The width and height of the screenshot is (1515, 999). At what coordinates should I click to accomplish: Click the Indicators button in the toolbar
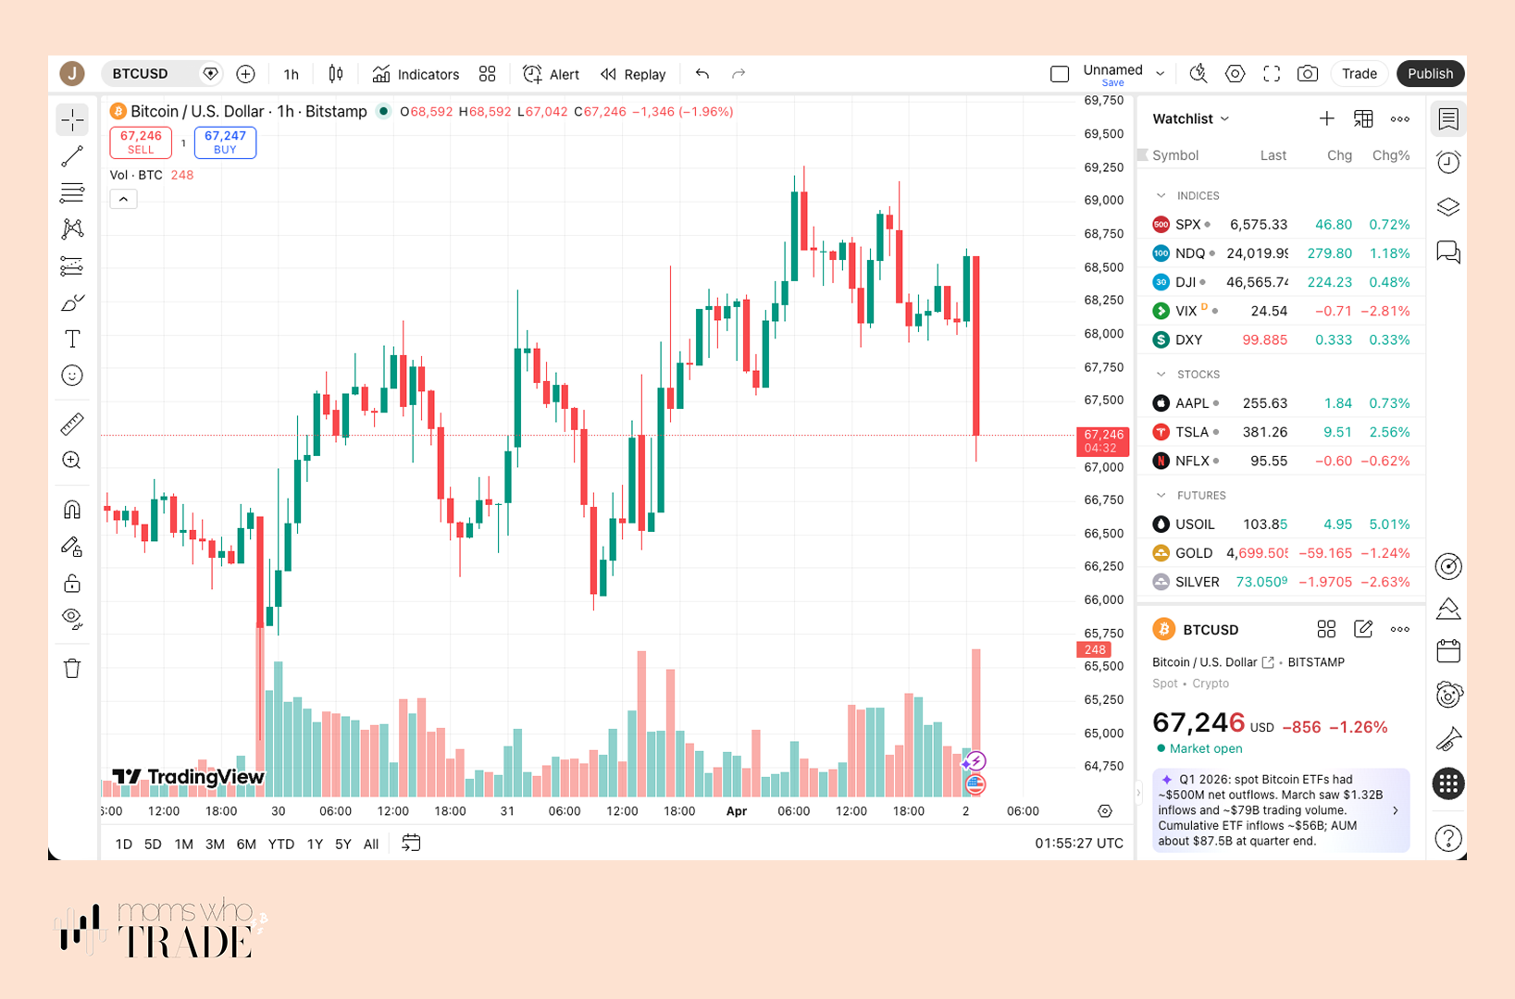tap(416, 74)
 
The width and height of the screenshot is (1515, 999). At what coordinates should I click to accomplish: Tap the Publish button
tap(1430, 74)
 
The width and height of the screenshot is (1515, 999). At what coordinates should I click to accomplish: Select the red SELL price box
tap(141, 142)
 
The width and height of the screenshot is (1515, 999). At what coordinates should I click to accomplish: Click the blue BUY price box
tap(225, 142)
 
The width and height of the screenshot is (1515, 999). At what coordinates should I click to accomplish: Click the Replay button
tap(633, 74)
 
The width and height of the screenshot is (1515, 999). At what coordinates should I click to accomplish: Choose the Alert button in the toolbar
tap(552, 74)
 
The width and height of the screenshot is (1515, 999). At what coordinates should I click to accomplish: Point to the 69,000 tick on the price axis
tap(1103, 200)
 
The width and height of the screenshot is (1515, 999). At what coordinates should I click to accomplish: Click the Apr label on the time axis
tap(737, 811)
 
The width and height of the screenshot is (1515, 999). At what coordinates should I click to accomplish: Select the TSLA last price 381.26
tap(1264, 432)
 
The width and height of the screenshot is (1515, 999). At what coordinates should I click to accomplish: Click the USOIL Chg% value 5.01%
tap(1389, 524)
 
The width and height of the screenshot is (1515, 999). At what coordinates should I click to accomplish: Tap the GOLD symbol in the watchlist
tap(1193, 553)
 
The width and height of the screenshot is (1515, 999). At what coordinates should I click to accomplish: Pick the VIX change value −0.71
tap(1333, 311)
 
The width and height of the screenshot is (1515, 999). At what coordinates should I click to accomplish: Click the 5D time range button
tap(153, 844)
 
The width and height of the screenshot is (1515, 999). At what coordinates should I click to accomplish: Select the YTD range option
tap(280, 844)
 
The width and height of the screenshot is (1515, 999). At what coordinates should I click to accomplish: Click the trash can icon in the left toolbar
tap(72, 668)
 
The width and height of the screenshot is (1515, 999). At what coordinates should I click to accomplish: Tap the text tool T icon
tap(72, 339)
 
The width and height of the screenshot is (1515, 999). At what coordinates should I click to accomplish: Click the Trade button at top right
tap(1359, 74)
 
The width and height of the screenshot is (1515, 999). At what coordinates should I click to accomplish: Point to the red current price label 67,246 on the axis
tap(1102, 435)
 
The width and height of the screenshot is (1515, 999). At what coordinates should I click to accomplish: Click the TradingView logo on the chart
tap(189, 777)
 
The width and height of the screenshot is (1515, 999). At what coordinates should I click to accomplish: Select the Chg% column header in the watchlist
tap(1390, 155)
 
